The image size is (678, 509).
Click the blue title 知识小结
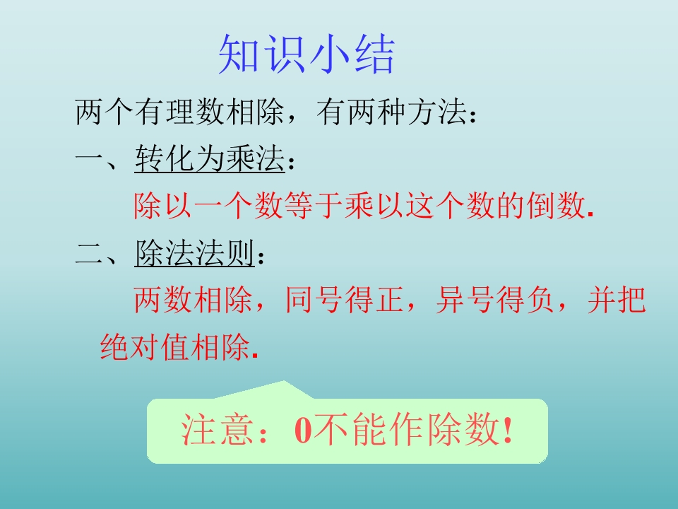pos(306,54)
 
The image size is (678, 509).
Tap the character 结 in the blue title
pos(372,54)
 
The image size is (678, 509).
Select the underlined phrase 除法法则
pos(194,254)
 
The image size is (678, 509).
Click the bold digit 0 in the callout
pos(303,431)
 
